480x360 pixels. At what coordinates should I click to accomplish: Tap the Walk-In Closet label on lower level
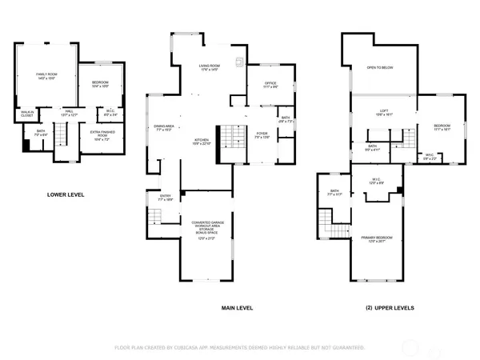click(26, 113)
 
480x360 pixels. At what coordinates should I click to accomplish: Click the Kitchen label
click(202, 142)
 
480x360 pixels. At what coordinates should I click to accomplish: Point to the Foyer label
click(262, 137)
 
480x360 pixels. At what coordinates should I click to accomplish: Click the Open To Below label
click(378, 68)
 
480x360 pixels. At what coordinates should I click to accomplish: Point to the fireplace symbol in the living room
click(238, 62)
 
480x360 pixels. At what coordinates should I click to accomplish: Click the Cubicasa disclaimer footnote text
click(240, 348)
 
